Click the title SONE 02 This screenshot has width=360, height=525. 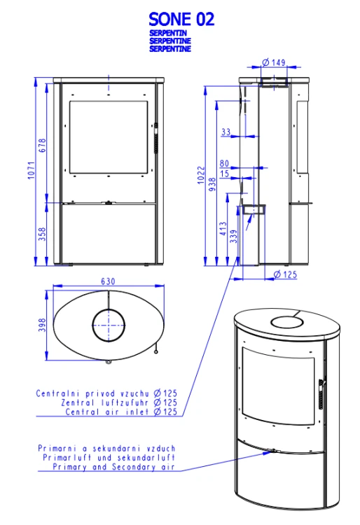click(x=181, y=19)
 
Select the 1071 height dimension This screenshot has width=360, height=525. click(x=31, y=170)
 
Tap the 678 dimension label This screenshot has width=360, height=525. click(x=42, y=146)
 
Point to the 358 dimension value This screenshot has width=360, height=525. click(x=42, y=234)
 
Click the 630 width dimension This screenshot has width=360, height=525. click(x=108, y=281)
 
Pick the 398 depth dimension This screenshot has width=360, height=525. click(x=42, y=325)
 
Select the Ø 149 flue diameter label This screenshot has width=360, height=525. click(x=274, y=62)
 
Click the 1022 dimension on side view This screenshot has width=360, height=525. click(x=201, y=175)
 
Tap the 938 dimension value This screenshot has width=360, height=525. click(x=212, y=185)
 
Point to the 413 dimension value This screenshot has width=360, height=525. click(x=223, y=229)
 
